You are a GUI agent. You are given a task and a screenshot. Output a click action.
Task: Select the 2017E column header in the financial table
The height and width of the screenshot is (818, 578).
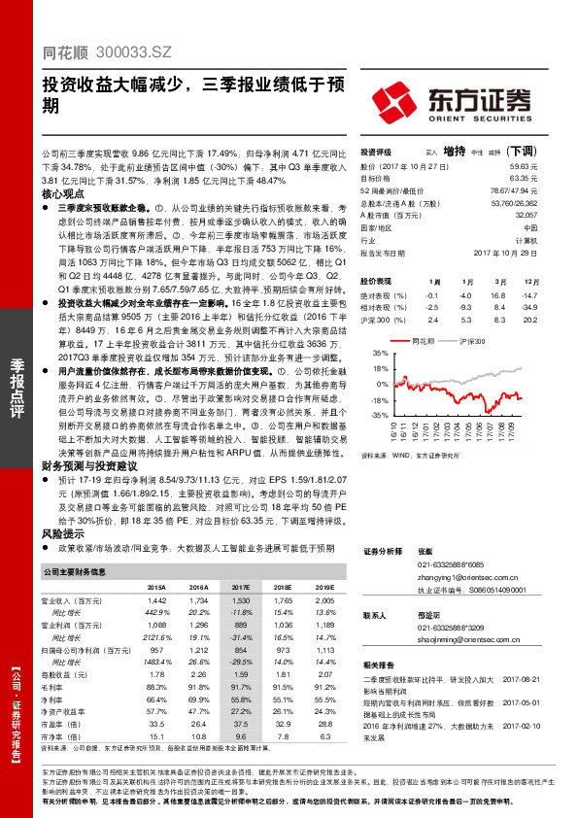tap(240, 588)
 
